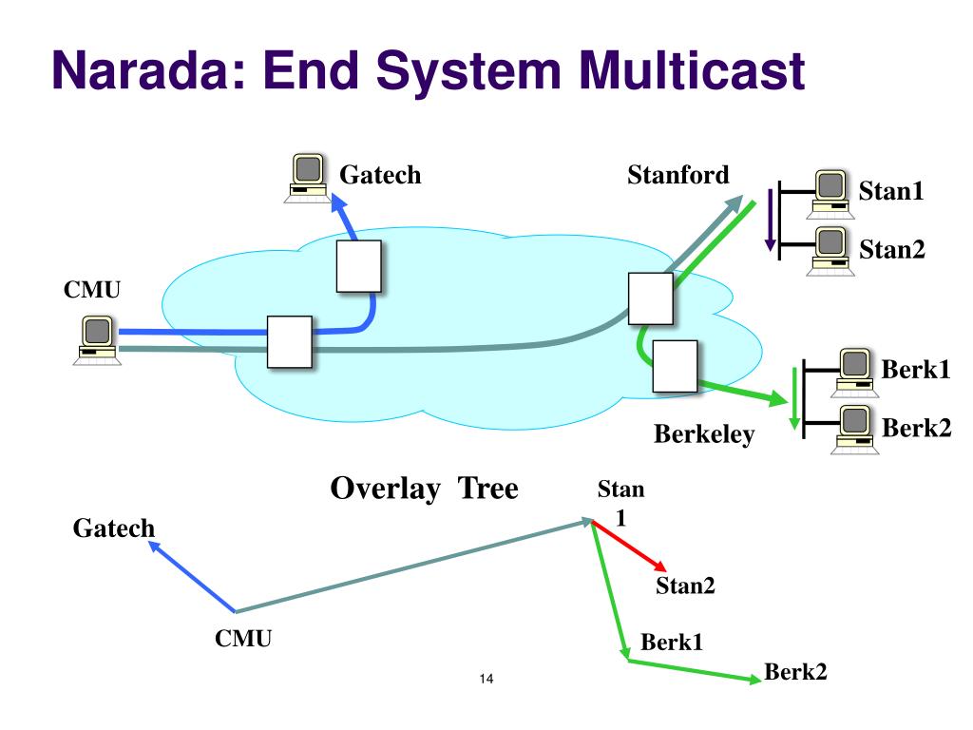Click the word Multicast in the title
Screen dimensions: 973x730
(692, 69)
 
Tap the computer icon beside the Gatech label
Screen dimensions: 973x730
(308, 178)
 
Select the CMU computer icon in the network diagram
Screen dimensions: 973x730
(97, 340)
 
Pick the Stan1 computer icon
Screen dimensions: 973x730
(830, 194)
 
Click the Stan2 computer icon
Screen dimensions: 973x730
(830, 251)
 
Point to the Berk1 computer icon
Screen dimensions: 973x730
(854, 373)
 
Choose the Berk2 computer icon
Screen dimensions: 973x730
(854, 430)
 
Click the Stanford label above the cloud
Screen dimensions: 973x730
(678, 175)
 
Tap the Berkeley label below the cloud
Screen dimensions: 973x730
(704, 434)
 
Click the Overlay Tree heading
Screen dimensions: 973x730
(425, 489)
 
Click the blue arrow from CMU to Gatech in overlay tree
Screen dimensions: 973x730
(192, 577)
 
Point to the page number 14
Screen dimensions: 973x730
(486, 679)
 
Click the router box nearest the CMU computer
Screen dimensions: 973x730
(289, 342)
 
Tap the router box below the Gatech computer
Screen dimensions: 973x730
(358, 266)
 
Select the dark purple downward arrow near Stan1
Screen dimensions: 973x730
(770, 220)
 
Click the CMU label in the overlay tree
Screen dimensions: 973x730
(243, 639)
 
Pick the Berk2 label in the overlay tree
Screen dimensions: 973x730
(795, 672)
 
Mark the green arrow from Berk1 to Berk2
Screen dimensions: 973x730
(695, 670)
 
